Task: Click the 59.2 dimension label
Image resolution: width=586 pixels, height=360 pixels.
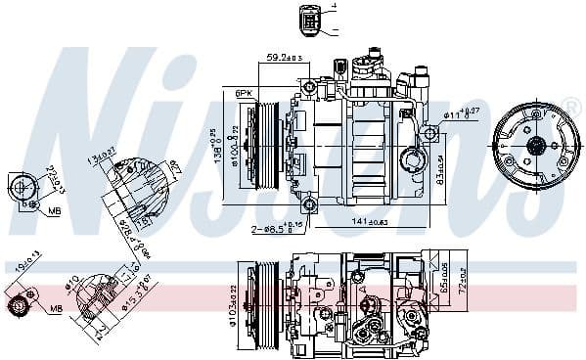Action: (283, 56)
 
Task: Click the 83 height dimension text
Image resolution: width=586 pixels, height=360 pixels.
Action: (440, 166)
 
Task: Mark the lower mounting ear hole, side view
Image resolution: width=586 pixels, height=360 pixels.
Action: (309, 203)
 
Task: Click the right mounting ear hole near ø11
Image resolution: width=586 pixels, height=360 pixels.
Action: (429, 133)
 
